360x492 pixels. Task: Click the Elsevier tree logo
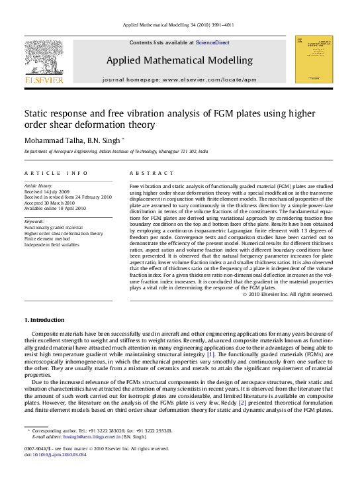tap(44, 59)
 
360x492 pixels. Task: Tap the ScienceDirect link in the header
tap(212, 42)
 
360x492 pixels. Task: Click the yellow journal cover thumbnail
tap(313, 60)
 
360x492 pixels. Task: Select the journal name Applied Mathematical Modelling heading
tap(179, 60)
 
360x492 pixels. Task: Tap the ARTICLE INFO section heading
tap(56, 173)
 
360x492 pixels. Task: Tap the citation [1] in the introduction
tap(210, 355)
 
